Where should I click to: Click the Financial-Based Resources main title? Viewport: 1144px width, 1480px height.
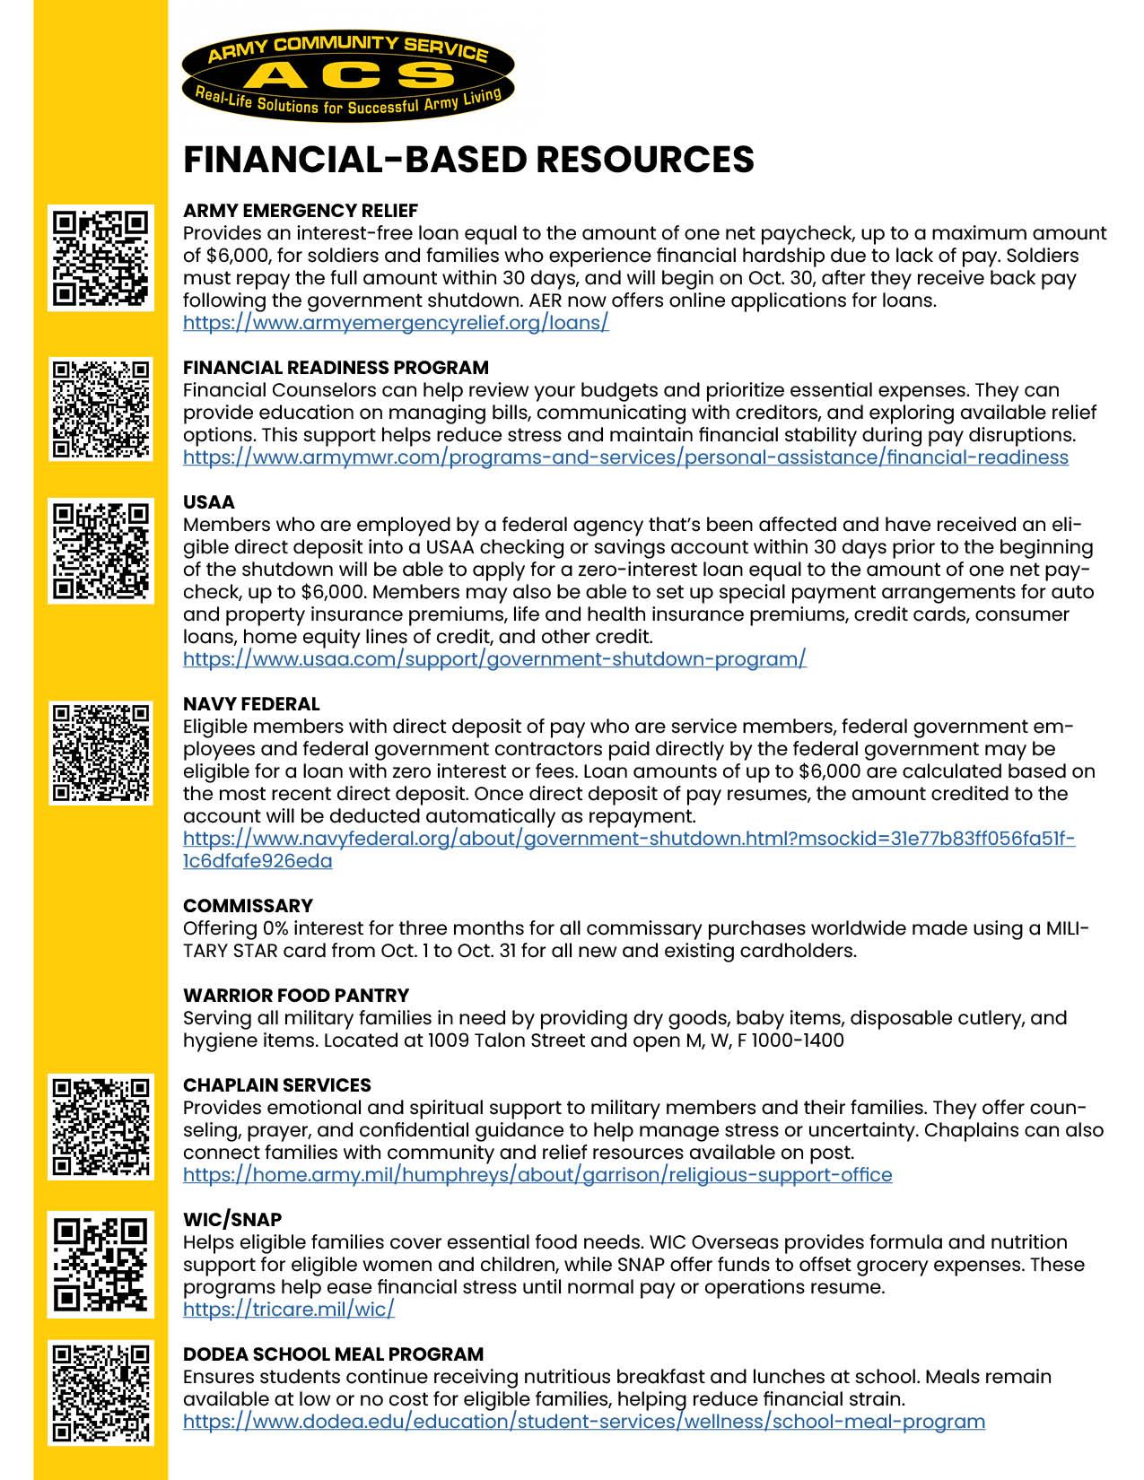(x=468, y=160)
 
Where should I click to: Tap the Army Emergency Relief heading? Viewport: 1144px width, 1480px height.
(x=301, y=211)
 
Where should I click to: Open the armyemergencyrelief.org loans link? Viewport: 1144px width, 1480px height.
(x=396, y=323)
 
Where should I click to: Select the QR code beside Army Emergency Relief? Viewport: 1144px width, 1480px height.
(x=100, y=259)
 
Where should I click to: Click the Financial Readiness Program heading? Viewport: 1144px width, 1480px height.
(x=336, y=368)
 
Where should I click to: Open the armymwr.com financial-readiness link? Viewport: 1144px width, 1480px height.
(x=625, y=457)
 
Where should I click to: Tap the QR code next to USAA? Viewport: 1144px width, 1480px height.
(x=100, y=551)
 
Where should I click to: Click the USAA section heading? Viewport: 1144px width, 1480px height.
(x=209, y=502)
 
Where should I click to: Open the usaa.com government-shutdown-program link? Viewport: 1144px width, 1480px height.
(x=494, y=659)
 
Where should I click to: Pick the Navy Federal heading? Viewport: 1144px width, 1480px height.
(x=251, y=704)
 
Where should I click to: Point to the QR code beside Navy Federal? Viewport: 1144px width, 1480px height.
(x=100, y=753)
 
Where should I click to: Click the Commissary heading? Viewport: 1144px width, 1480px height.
(x=248, y=906)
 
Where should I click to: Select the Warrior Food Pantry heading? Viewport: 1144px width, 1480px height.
(x=296, y=996)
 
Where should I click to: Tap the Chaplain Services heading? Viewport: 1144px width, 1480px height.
(x=276, y=1085)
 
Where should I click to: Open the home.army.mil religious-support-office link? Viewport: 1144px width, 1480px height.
(x=537, y=1175)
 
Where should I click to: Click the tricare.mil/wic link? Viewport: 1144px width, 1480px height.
(x=289, y=1310)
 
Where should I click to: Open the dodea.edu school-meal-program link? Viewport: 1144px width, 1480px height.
(x=584, y=1422)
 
